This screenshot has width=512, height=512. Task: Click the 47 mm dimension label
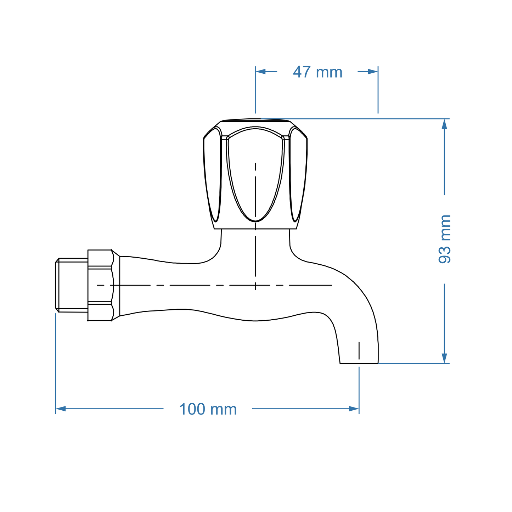click(317, 72)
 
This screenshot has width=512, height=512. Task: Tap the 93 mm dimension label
click(445, 239)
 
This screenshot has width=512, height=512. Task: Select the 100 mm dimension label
click(208, 409)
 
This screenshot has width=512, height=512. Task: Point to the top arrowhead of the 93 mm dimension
click(444, 124)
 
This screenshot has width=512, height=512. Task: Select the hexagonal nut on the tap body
click(100, 285)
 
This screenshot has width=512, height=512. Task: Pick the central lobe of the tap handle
click(255, 174)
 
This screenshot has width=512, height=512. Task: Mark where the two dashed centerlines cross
click(255, 285)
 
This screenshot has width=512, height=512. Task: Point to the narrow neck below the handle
click(255, 241)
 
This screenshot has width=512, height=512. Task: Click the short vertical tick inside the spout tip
click(359, 351)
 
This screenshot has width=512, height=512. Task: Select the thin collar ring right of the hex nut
click(117, 285)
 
